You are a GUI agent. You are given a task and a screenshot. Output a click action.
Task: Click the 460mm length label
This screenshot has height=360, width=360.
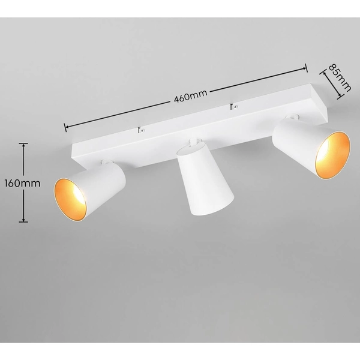[x=186, y=95]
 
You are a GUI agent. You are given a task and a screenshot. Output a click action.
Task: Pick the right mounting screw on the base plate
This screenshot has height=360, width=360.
[x=233, y=108]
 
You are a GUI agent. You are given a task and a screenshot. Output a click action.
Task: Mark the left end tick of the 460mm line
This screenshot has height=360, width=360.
[x=65, y=127]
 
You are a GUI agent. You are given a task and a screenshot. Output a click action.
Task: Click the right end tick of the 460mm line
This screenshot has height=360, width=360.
[x=307, y=67]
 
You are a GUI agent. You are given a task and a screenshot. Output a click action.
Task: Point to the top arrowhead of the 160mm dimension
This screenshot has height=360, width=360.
[x=23, y=145]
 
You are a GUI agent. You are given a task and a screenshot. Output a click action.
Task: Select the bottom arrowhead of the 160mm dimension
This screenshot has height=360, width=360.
[x=23, y=221]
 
